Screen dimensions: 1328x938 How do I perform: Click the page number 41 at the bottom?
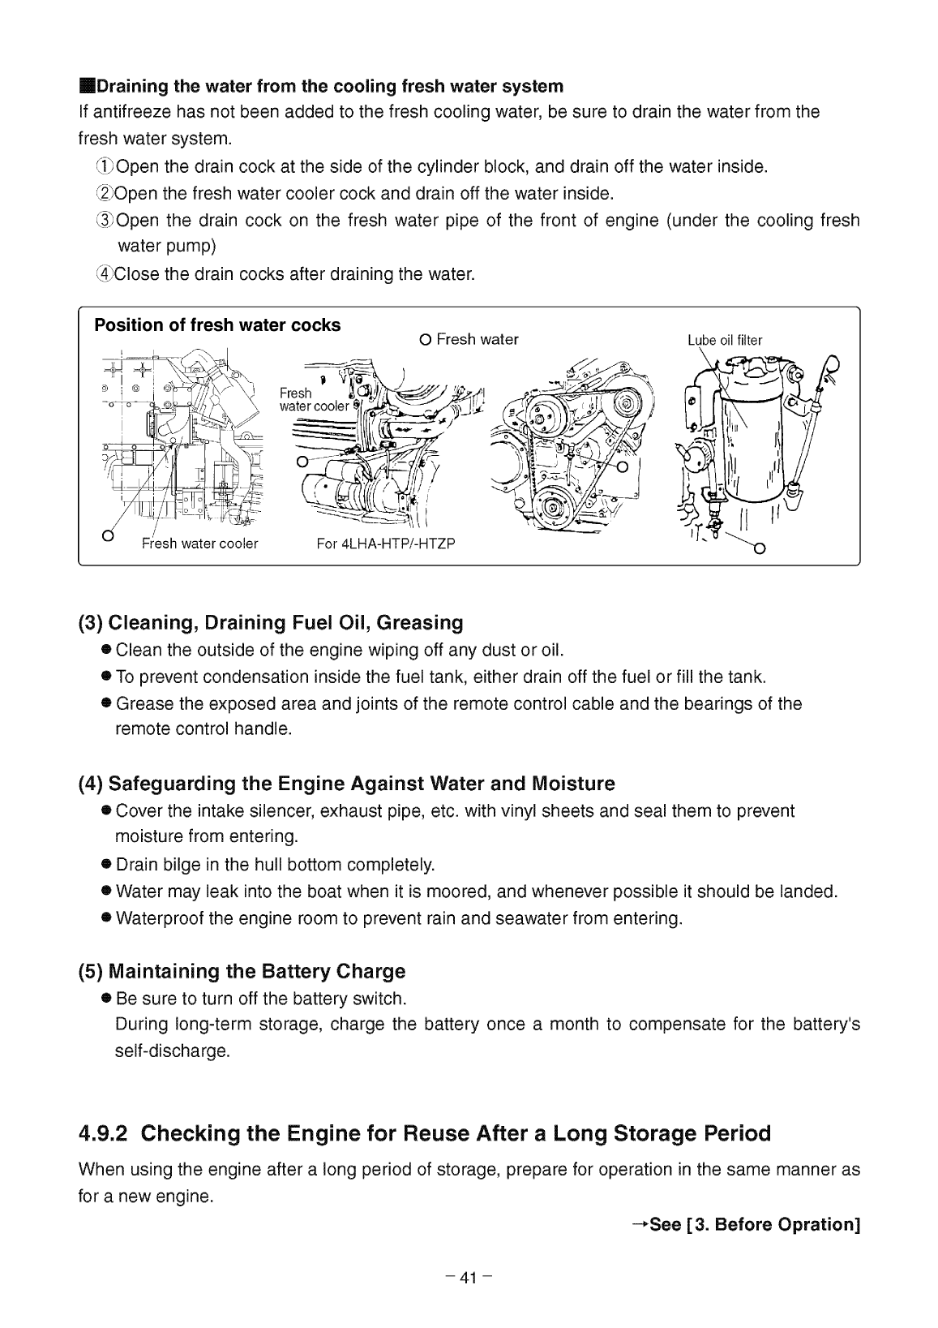pos(469,1279)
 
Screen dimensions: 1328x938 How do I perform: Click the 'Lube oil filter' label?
pos(724,341)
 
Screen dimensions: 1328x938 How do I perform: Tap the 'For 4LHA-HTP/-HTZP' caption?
pos(386,544)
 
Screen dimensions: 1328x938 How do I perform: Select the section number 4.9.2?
pos(102,1133)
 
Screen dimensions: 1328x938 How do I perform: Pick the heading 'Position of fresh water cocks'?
pos(217,325)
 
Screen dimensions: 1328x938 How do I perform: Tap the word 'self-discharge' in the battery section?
pos(173,1051)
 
